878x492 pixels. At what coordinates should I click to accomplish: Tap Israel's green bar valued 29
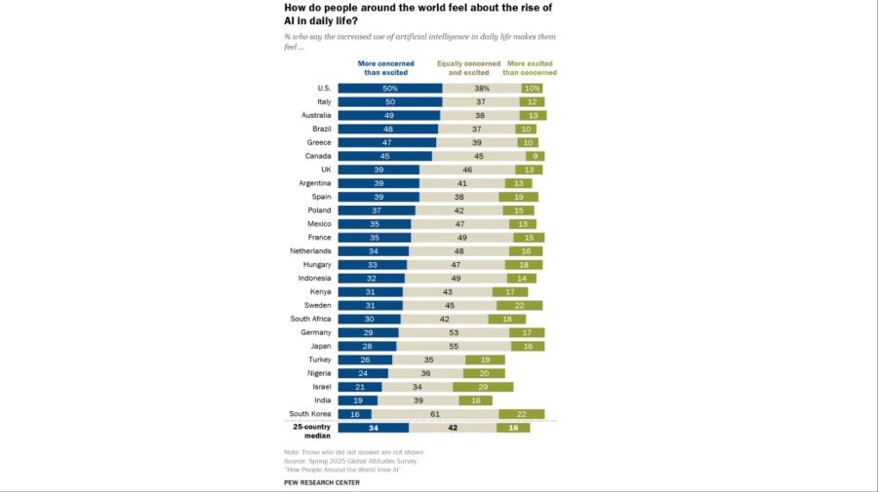pos(484,387)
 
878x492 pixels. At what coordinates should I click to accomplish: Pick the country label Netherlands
pos(309,250)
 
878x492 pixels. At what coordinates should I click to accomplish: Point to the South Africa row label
pos(311,319)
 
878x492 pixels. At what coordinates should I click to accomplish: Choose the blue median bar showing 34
pos(374,428)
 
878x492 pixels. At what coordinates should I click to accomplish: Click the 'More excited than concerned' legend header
pos(530,68)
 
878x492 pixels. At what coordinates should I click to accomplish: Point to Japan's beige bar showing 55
pos(453,346)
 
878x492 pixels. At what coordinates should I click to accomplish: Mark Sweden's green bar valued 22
pos(520,305)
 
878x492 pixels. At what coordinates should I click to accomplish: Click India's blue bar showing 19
pos(358,400)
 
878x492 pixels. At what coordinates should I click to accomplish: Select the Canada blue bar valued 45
pos(385,156)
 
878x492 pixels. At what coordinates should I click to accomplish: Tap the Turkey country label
pos(318,360)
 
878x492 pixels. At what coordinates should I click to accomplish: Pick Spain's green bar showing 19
pos(518,196)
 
